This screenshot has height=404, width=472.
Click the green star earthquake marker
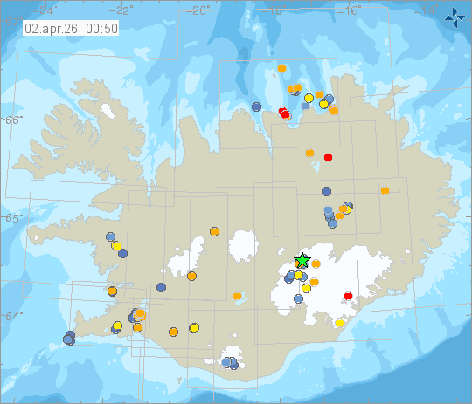(x=302, y=260)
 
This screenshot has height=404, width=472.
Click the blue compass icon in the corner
(x=455, y=16)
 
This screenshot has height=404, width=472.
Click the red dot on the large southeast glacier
(x=349, y=296)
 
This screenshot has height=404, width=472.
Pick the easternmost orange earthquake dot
(x=385, y=190)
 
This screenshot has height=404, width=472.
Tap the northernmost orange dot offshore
(x=281, y=67)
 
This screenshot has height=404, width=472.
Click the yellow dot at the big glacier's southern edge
(x=339, y=324)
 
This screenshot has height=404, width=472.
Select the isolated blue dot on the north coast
(x=256, y=106)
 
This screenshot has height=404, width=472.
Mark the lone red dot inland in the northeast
(x=329, y=157)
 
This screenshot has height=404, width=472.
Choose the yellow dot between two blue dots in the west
(x=116, y=246)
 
